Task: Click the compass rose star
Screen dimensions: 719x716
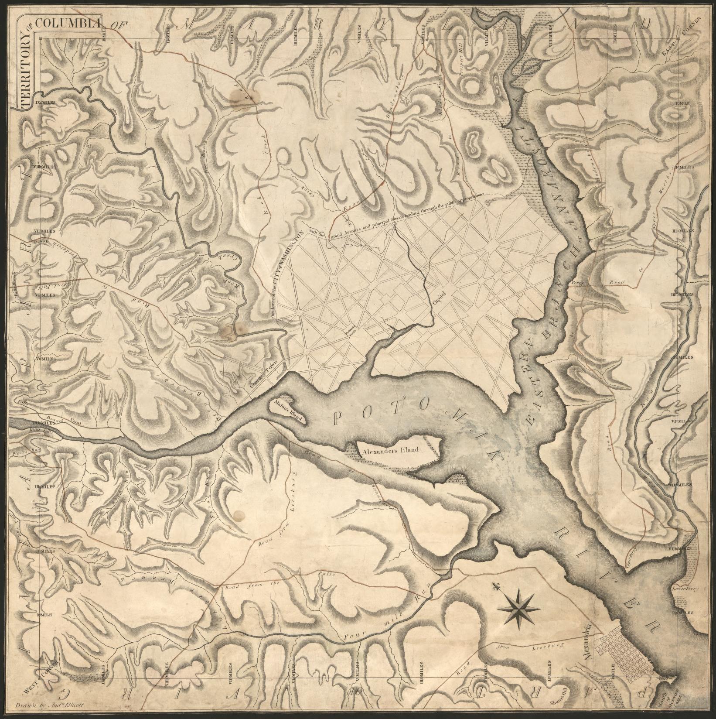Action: click(x=520, y=606)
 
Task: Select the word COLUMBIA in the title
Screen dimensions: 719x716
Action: click(x=68, y=23)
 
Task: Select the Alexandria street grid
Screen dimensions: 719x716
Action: click(x=628, y=652)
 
